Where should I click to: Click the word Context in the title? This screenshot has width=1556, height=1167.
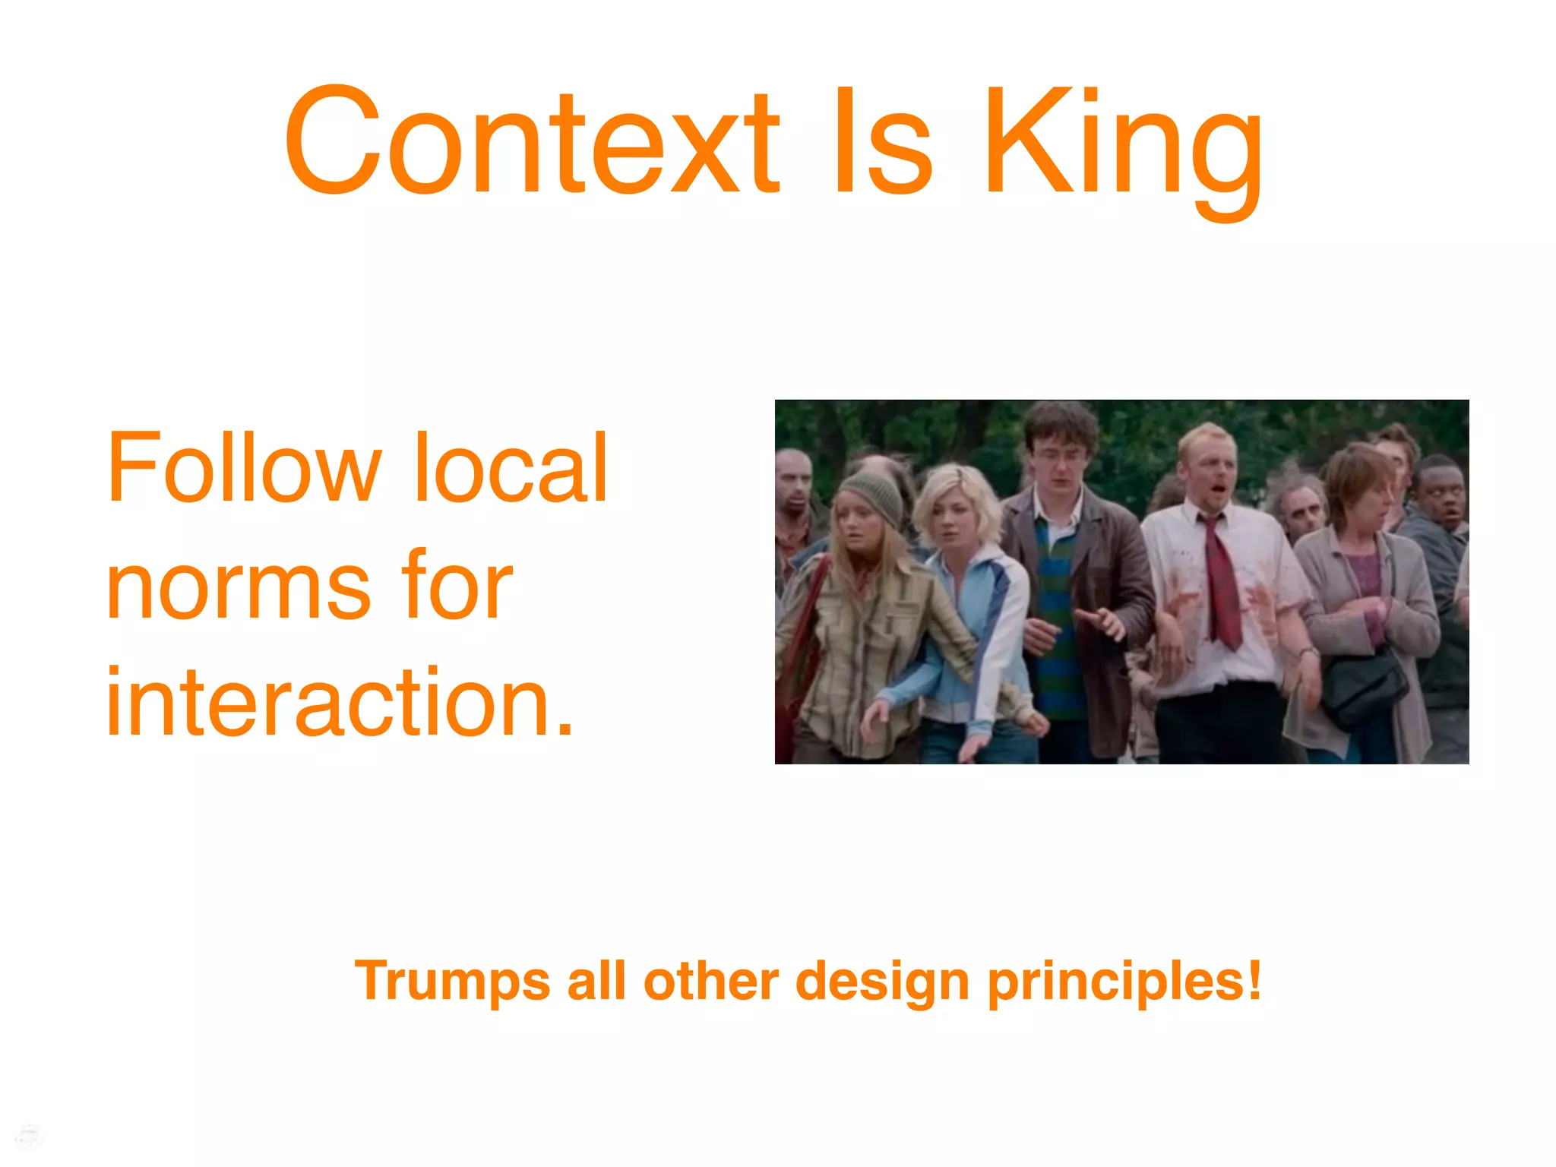pos(532,141)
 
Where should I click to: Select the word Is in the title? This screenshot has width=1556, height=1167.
pos(881,141)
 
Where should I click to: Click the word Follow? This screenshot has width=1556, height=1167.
pos(243,467)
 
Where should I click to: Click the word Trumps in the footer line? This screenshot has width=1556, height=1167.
pos(451,982)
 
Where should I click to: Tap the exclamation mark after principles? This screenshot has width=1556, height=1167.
pos(1254,980)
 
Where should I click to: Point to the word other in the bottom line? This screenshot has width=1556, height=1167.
pos(711,982)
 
